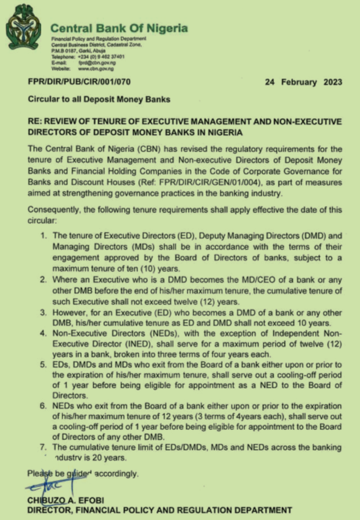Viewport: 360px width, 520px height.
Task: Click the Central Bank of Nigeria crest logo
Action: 24,27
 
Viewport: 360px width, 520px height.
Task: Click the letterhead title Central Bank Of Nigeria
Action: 119,29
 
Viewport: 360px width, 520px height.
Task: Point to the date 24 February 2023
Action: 298,82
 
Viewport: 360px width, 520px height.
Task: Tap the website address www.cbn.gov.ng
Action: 96,68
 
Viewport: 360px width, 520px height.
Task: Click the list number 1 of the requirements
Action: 43,236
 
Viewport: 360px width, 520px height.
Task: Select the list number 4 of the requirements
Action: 43,332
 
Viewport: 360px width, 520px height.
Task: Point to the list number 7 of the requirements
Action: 43,447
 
